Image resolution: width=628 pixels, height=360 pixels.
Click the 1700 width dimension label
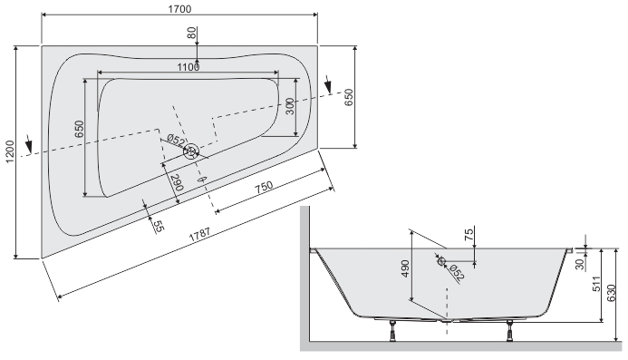click(x=179, y=8)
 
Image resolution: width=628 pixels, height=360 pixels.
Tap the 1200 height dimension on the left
click(x=9, y=151)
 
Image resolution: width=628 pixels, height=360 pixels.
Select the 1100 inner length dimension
click(x=188, y=67)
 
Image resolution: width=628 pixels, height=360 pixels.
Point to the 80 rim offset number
click(x=193, y=33)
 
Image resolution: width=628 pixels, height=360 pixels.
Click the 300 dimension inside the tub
click(x=290, y=106)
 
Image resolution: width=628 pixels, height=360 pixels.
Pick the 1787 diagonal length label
click(x=199, y=235)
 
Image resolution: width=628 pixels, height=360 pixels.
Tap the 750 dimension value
click(x=264, y=187)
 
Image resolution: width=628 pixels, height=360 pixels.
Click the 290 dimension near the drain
click(x=177, y=182)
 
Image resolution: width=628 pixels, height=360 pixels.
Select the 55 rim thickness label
click(x=159, y=227)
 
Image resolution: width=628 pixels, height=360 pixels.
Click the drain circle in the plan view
click(x=191, y=151)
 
